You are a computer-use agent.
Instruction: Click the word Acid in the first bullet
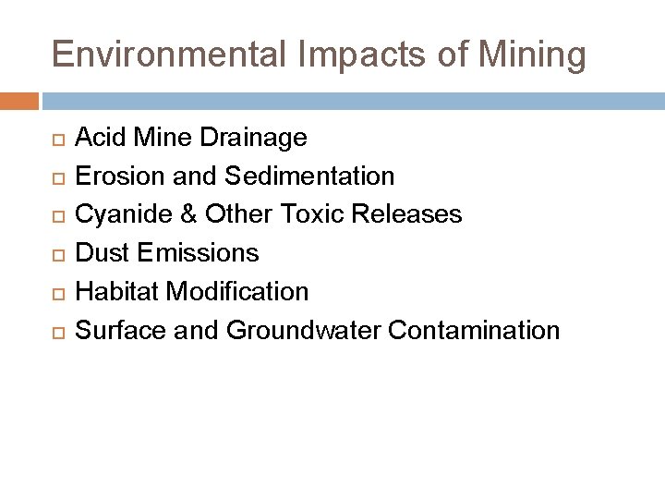[96, 139]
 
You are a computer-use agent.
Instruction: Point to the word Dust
[99, 253]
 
